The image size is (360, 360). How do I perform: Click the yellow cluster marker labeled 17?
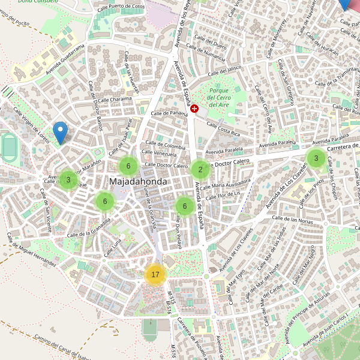[x=155, y=275]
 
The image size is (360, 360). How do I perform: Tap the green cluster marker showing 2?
[x=200, y=169]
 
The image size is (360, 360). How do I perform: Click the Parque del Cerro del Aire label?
[x=219, y=97]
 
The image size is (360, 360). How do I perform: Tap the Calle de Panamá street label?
[x=170, y=113]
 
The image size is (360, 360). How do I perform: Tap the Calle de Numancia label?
[x=206, y=54]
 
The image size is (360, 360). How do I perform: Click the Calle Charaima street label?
[x=114, y=100]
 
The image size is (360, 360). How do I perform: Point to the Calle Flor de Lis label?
[x=223, y=194]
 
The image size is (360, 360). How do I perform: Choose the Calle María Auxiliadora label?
[x=227, y=186]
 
